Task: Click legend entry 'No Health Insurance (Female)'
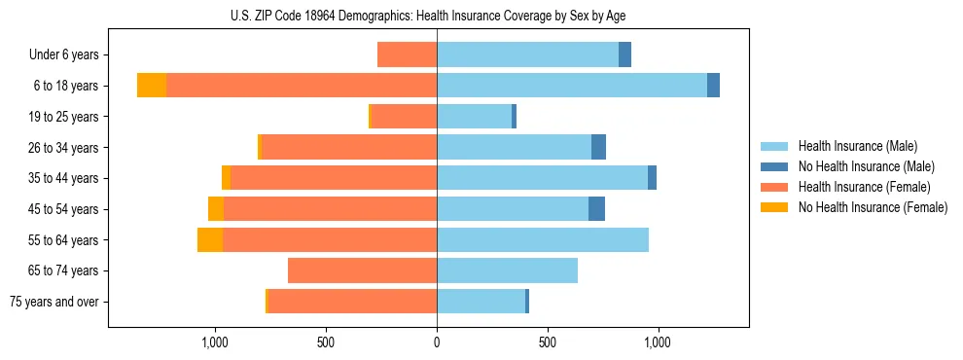(873, 207)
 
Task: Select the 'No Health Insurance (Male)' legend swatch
(774, 166)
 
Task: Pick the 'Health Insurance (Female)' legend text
(864, 187)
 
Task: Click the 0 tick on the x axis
(437, 342)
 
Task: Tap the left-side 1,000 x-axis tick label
(215, 342)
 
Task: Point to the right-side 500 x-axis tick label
(548, 342)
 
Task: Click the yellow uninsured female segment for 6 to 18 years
(152, 86)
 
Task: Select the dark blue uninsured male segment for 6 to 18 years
(713, 86)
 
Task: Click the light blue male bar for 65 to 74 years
(507, 270)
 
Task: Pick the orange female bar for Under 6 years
(407, 54)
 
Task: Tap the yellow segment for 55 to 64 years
(210, 239)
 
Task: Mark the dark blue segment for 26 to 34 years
(598, 147)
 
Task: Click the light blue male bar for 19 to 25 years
(474, 117)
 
